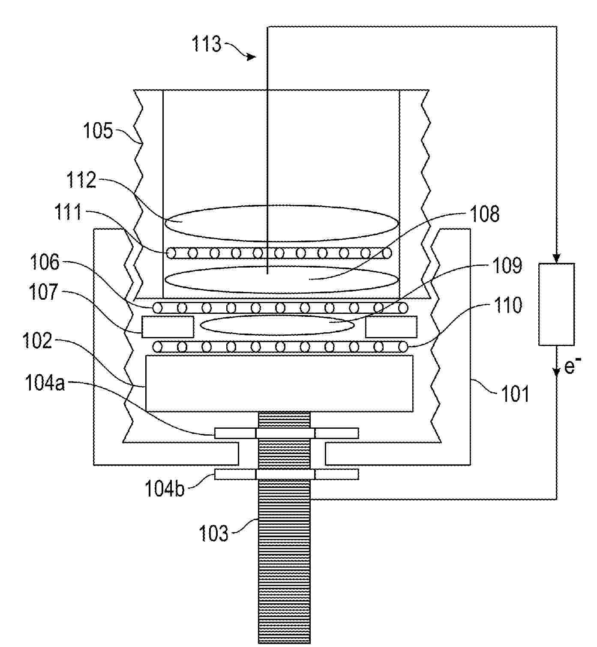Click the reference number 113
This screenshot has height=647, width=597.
(207, 44)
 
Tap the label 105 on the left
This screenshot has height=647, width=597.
(97, 130)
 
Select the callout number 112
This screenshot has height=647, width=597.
(81, 180)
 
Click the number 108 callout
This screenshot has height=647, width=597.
(485, 214)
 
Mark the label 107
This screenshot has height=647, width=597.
(43, 292)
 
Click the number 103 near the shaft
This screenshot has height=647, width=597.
(213, 533)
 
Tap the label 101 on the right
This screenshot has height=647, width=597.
(515, 394)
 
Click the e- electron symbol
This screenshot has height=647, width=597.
(573, 367)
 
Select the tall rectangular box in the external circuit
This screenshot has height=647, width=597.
(556, 304)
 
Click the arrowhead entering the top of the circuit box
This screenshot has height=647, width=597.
(556, 259)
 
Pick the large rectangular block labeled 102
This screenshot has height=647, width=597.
(279, 383)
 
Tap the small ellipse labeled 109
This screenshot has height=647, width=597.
(277, 325)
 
